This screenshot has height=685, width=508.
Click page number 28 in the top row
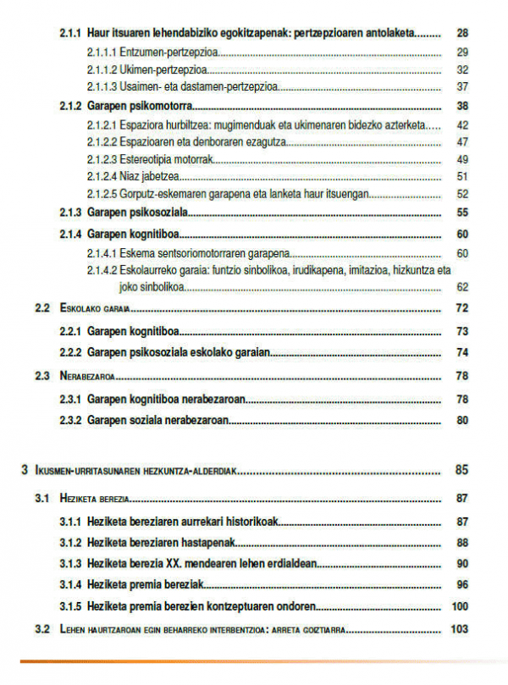(461, 34)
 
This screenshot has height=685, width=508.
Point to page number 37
(461, 86)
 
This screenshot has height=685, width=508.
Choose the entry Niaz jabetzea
(149, 176)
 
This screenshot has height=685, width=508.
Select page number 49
(461, 159)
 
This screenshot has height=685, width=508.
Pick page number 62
(461, 287)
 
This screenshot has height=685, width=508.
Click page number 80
(461, 419)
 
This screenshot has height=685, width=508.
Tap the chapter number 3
(25, 470)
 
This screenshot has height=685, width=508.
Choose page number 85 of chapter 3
(461, 470)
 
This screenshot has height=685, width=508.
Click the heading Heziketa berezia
(94, 499)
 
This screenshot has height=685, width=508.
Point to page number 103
(460, 629)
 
